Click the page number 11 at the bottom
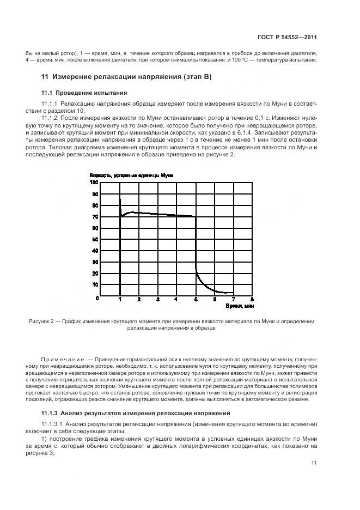pos(314,463)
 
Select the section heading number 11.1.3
pos(51,412)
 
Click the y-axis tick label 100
pos(94,183)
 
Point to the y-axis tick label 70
pos(95,217)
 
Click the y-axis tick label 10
pos(95,285)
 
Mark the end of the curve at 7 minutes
pos(233,293)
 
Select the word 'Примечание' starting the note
pos(62,360)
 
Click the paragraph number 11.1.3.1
pos(52,423)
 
